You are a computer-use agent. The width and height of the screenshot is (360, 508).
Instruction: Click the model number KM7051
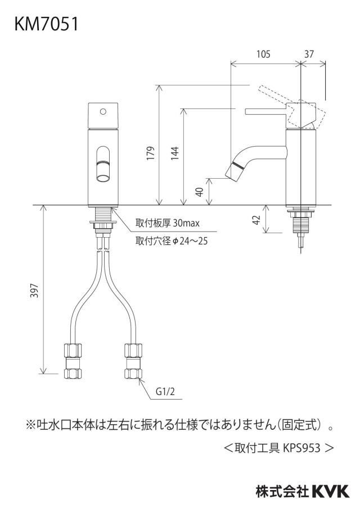(x=46, y=25)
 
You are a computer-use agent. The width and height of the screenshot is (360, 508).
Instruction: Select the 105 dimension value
(x=263, y=54)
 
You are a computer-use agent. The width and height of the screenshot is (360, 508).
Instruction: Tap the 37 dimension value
(x=309, y=54)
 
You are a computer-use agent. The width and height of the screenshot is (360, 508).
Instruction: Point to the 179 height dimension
(x=151, y=153)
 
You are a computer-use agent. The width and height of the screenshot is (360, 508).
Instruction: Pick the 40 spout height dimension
(x=200, y=192)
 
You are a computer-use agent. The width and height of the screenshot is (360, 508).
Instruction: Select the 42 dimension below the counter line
(x=256, y=220)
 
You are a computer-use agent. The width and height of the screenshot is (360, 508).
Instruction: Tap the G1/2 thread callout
(x=165, y=392)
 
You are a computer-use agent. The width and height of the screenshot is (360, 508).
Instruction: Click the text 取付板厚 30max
(x=168, y=223)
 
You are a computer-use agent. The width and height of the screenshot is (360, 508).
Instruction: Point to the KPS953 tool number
(x=302, y=448)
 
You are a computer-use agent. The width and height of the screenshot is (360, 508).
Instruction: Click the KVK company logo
(x=331, y=491)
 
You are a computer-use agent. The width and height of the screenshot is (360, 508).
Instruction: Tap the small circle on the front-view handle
(x=103, y=111)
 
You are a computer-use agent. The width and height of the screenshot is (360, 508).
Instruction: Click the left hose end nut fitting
(x=73, y=361)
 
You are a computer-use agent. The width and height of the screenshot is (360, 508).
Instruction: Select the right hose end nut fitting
(x=133, y=361)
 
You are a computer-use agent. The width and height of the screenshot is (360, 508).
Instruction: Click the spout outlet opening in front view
(x=103, y=178)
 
